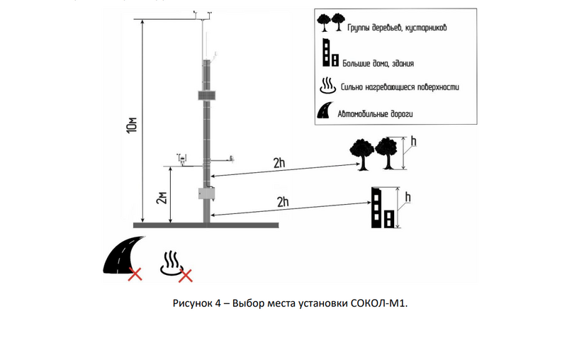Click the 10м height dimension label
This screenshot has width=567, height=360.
(x=132, y=125)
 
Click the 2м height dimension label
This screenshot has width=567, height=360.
(x=162, y=198)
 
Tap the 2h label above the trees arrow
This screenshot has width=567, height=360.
(x=279, y=163)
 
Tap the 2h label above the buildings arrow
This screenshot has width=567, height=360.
(x=283, y=202)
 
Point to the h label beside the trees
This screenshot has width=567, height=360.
(x=414, y=141)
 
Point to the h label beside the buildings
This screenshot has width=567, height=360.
(x=408, y=197)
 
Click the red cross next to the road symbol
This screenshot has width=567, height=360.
(x=135, y=274)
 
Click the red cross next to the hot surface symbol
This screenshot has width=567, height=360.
(x=186, y=276)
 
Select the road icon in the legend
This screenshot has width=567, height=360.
(x=325, y=111)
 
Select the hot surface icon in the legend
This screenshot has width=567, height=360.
(x=327, y=86)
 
